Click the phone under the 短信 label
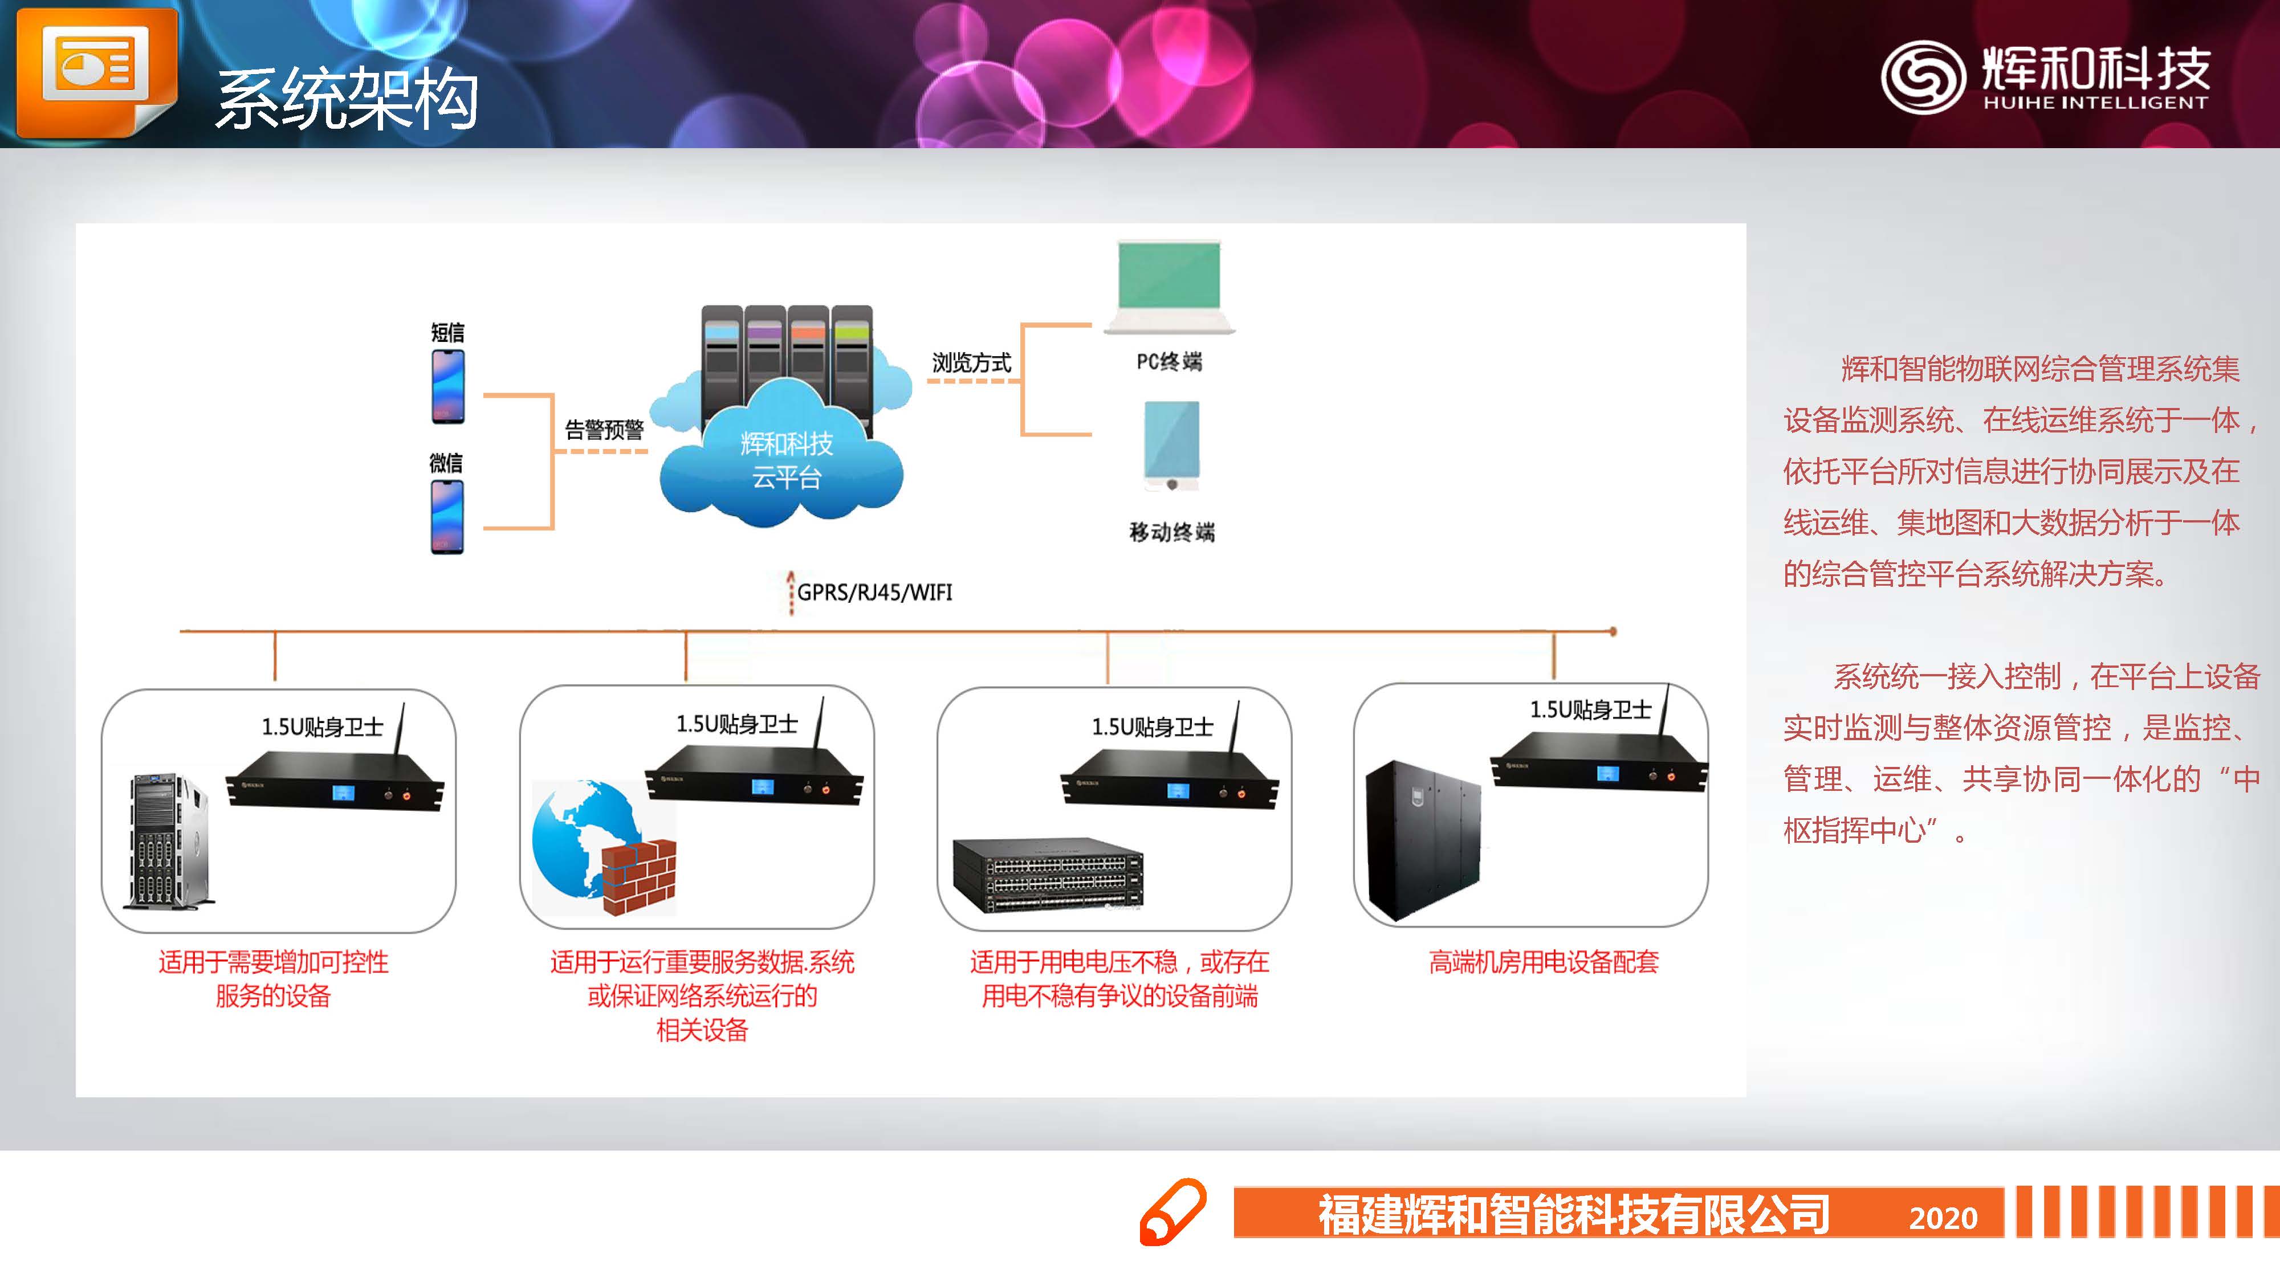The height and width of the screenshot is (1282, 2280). point(448,387)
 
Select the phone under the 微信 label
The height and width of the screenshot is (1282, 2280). point(447,517)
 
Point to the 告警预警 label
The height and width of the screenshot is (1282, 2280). point(605,430)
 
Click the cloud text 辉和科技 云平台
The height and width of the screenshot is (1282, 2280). point(787,460)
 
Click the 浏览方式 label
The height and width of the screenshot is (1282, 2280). point(971,363)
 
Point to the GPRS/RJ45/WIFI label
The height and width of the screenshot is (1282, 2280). point(874,592)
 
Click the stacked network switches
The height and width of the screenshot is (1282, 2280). point(1048,874)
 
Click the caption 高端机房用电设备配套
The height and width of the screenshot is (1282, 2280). point(1544,962)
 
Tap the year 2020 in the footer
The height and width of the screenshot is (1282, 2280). point(1943,1218)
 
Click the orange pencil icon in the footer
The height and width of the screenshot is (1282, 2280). point(1172,1212)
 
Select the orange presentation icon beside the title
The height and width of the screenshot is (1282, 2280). point(96,71)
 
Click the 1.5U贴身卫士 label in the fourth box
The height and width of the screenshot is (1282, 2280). point(1590,709)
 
